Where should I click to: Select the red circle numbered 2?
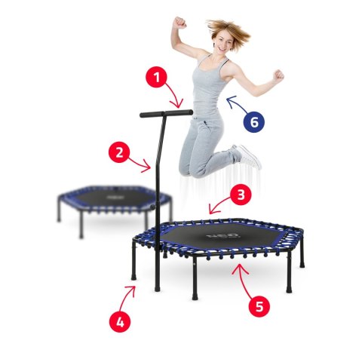point(118,153)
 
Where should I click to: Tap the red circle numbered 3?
point(240,195)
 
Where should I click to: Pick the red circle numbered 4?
point(118,322)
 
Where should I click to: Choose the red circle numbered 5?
point(259,306)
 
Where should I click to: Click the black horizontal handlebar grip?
point(165,115)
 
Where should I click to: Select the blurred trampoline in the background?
point(113,200)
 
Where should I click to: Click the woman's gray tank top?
point(208,87)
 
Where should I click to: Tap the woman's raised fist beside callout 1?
point(179,23)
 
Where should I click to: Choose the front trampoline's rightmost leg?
point(302,256)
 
